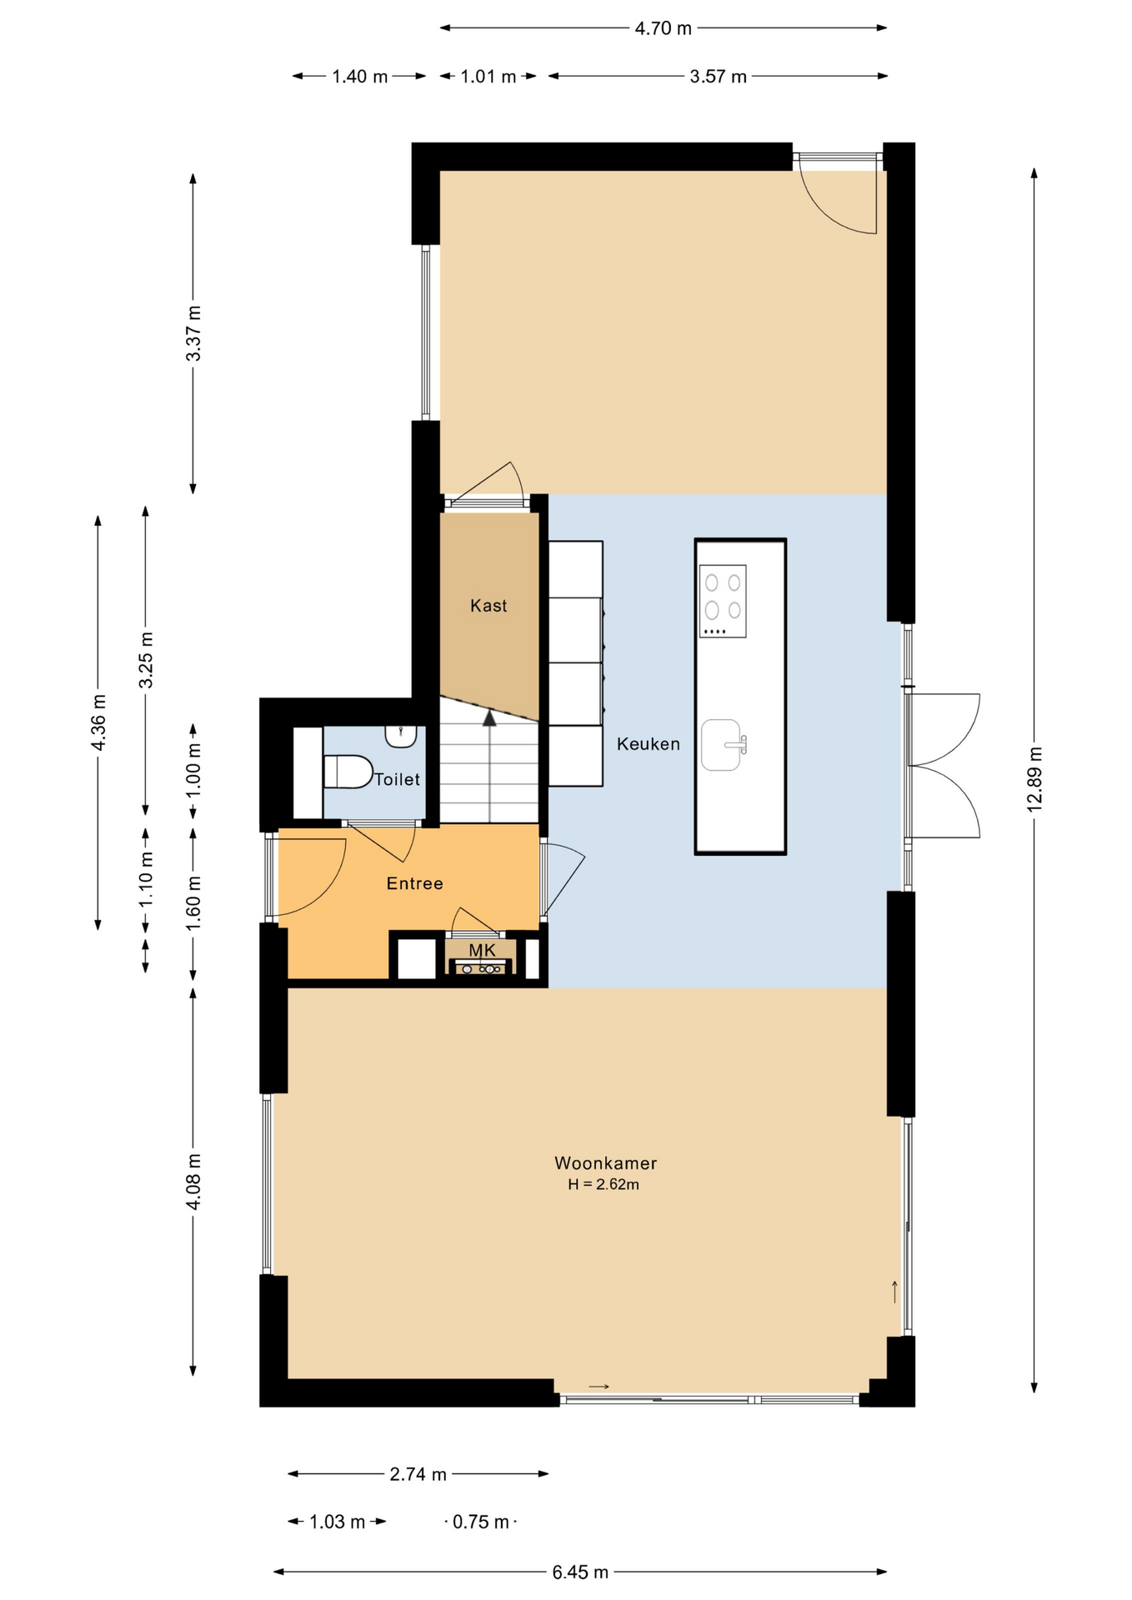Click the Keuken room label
648,744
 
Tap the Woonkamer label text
605,1162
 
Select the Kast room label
488,606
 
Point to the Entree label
414,883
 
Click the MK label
482,950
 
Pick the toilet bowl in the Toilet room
348,772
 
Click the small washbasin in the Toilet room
400,736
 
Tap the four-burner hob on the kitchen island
723,601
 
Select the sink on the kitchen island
723,745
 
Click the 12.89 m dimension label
1034,779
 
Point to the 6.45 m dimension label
580,1572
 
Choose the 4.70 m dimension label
664,28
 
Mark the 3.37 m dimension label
193,333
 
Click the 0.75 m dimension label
481,1522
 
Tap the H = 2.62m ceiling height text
604,1184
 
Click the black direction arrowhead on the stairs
489,717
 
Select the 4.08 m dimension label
193,1182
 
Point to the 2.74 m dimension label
418,1474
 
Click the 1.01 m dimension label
488,77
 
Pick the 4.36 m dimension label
98,722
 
